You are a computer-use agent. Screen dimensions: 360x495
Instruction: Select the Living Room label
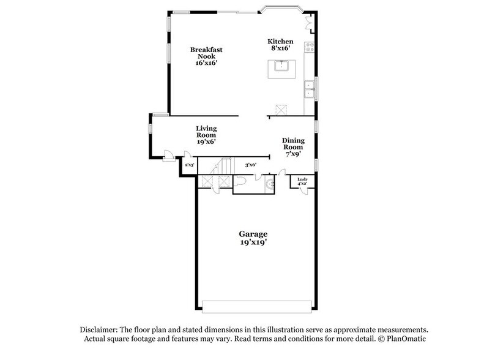point(206,135)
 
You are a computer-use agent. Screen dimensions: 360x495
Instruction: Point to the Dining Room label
point(293,147)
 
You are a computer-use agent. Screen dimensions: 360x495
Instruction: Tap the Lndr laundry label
point(302,182)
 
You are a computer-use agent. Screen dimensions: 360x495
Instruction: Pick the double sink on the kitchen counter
point(310,89)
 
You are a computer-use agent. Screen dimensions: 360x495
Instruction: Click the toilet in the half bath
point(240,182)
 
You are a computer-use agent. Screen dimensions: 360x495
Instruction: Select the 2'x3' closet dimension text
point(189,165)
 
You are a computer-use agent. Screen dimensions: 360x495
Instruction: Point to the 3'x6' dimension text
point(250,165)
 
